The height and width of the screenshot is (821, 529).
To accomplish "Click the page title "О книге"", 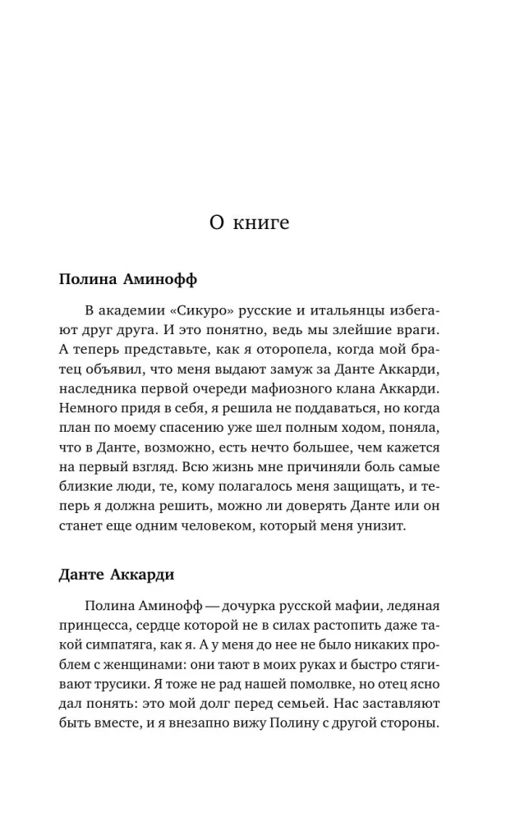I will pos(249,222).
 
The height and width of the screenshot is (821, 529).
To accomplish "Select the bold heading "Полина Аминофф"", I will pos(128,278).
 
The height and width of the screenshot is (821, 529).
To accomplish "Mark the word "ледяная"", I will pos(412,606).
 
